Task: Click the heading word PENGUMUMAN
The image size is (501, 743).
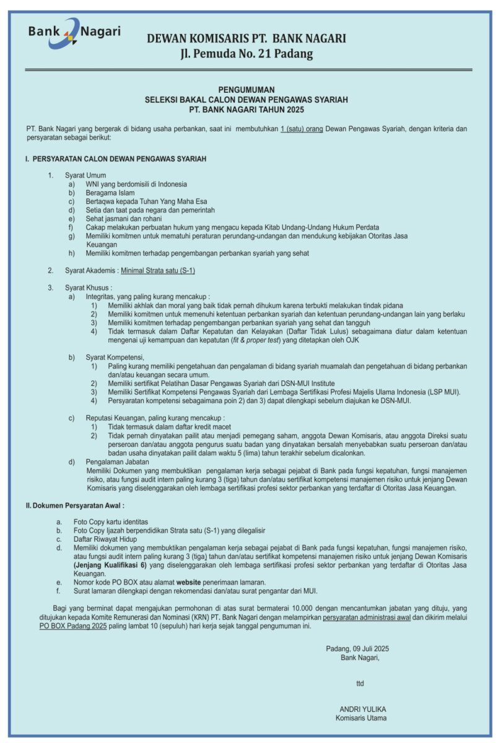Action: pyautogui.click(x=246, y=90)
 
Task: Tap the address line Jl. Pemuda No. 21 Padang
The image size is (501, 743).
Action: pyautogui.click(x=246, y=54)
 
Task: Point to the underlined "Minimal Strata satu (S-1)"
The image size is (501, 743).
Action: pyautogui.click(x=158, y=271)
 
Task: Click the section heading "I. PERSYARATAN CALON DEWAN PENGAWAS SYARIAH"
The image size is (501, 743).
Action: pyautogui.click(x=116, y=159)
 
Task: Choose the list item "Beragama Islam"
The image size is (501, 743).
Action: pyautogui.click(x=110, y=193)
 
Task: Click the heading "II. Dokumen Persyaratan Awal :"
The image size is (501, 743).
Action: pyautogui.click(x=75, y=506)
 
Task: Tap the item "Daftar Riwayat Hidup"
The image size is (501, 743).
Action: pyautogui.click(x=105, y=539)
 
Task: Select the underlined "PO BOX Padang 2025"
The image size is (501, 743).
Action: pyautogui.click(x=73, y=626)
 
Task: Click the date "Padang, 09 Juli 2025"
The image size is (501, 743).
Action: pyautogui.click(x=357, y=648)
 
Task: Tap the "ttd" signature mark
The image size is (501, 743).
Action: pyautogui.click(x=360, y=683)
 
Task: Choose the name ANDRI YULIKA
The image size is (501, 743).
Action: pyautogui.click(x=362, y=709)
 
